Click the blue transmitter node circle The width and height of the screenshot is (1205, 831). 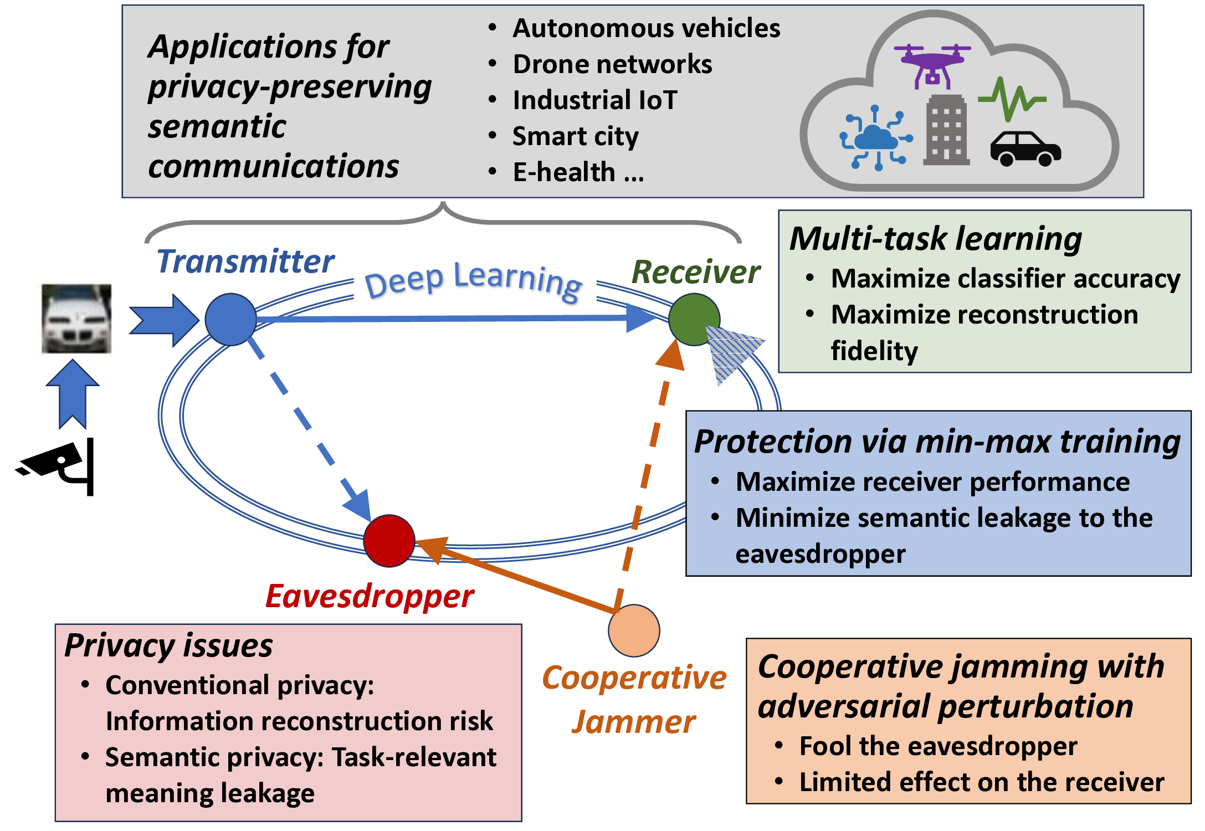point(230,320)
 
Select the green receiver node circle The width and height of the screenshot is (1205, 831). point(694,320)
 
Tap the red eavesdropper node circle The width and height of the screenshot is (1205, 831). point(389,541)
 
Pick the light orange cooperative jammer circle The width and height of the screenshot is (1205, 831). point(634,630)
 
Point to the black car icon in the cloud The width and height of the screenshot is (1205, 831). point(1025,148)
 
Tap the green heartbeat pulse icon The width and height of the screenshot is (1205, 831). point(1012,99)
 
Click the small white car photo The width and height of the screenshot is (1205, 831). point(76,319)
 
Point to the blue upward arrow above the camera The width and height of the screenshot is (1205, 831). point(73,393)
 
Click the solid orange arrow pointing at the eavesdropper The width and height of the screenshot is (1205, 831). point(515,576)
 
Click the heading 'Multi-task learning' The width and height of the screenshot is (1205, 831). point(935,239)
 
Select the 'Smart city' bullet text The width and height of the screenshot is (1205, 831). point(575,136)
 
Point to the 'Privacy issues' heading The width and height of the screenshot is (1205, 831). point(168,646)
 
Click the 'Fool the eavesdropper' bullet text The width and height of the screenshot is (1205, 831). point(937,746)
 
